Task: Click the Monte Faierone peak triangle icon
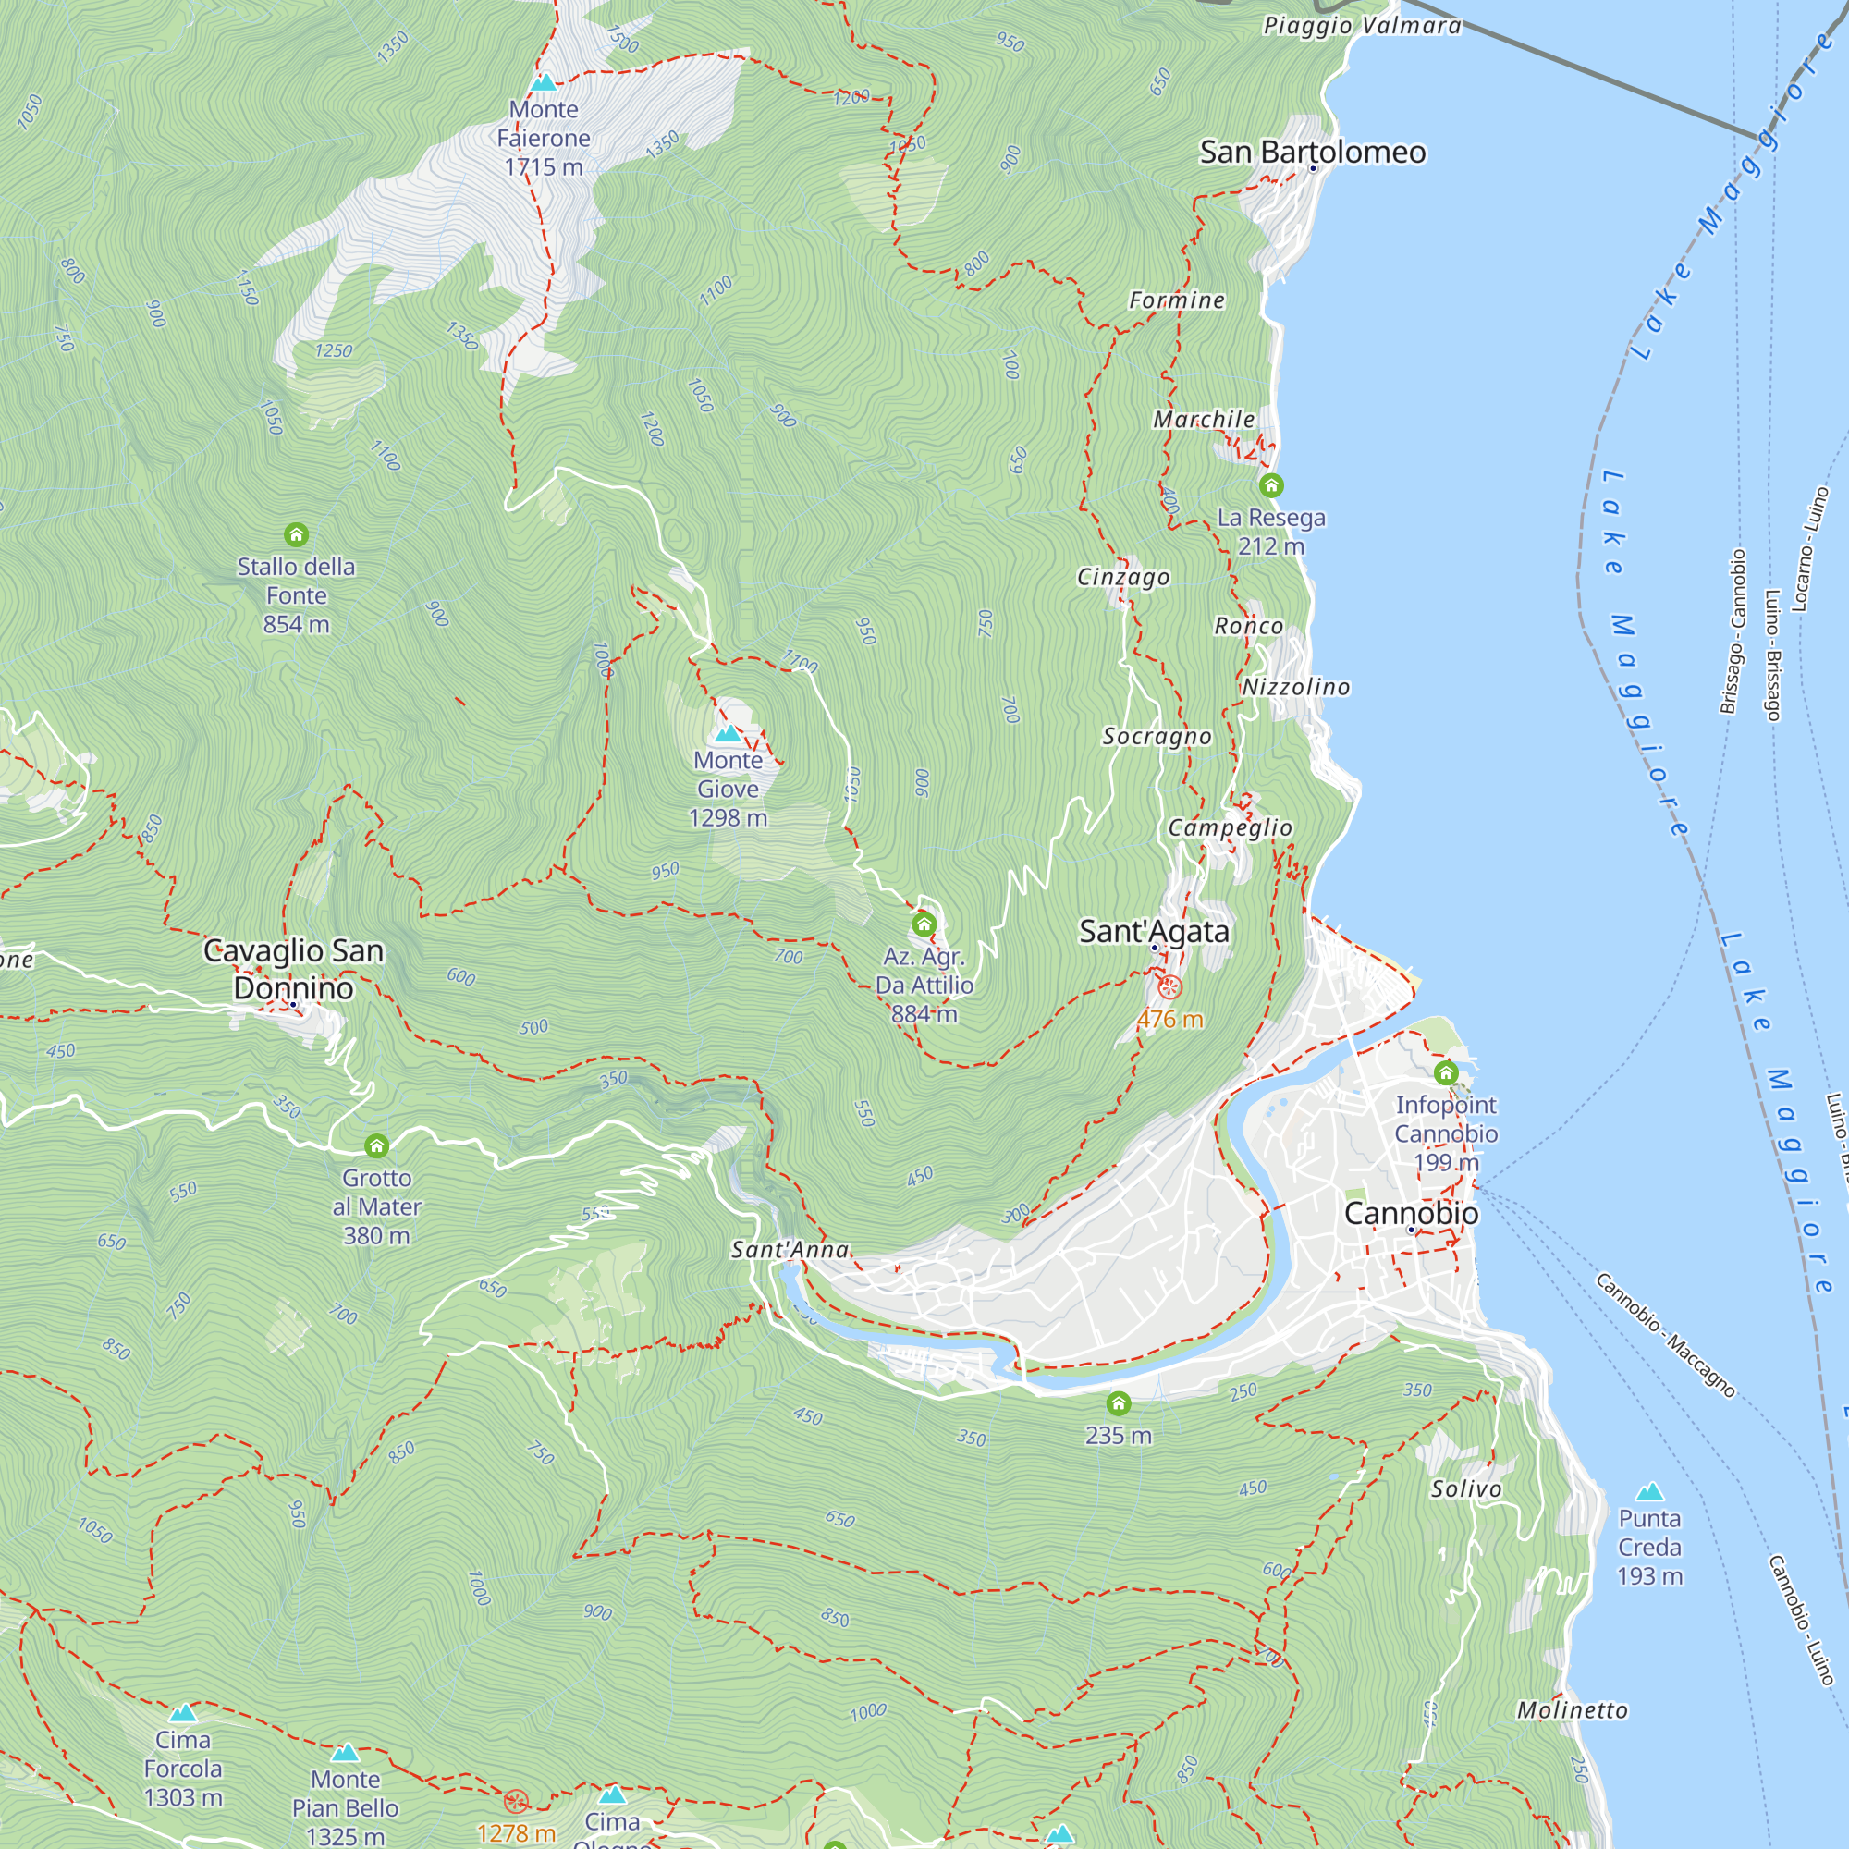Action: click(543, 82)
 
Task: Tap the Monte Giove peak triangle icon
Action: click(729, 734)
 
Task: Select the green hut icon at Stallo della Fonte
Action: click(297, 534)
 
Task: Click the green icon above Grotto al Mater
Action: click(377, 1145)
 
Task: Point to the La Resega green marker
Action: click(1271, 485)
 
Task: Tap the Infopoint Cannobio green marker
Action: click(1446, 1071)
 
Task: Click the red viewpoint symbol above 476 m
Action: click(1169, 986)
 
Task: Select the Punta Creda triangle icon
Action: click(1649, 1491)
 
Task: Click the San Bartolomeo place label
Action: click(1312, 152)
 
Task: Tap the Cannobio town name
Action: click(1411, 1213)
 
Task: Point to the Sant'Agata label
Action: click(1153, 930)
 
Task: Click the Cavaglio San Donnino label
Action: click(294, 969)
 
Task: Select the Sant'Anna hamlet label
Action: click(790, 1249)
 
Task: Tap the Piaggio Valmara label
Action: click(1362, 25)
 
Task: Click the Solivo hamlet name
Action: click(1466, 1488)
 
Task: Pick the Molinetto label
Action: click(1572, 1709)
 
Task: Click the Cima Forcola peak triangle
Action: click(183, 1712)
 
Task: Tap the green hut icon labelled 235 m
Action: click(1118, 1404)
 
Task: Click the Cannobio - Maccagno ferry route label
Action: click(1664, 1335)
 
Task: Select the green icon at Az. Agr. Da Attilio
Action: click(924, 924)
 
